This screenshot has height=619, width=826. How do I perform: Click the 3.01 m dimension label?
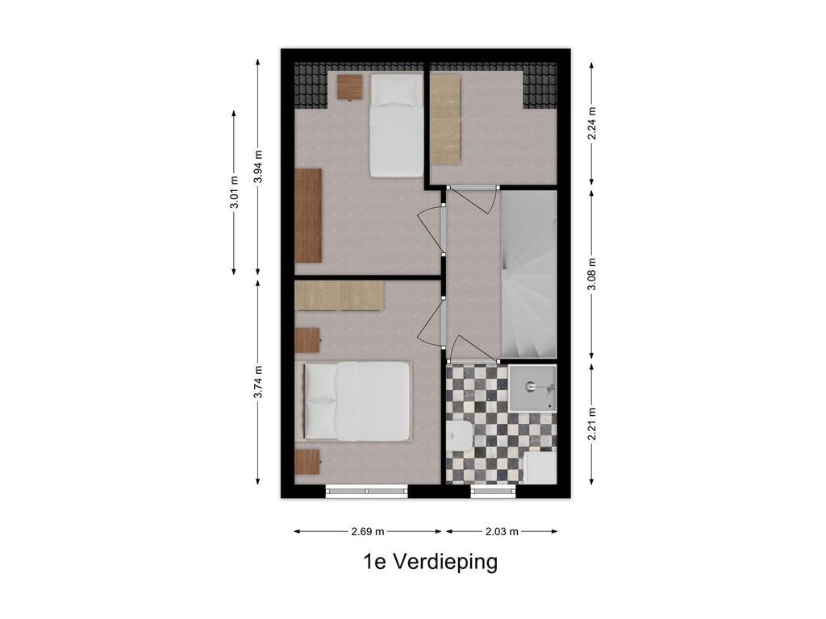[235, 193]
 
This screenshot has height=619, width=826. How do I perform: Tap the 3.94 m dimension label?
[257, 166]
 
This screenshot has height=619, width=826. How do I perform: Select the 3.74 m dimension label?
[257, 382]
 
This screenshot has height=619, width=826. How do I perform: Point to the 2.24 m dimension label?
[591, 123]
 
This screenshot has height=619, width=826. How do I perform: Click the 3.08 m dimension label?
[591, 274]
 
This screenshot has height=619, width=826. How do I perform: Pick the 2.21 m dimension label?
[591, 424]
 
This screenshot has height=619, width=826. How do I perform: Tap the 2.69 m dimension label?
[368, 532]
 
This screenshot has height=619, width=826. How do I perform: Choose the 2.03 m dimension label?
[502, 532]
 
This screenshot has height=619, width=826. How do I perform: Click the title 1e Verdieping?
[431, 562]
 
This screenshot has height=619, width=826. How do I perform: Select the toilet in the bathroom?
[459, 435]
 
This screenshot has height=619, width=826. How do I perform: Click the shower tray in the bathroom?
[532, 388]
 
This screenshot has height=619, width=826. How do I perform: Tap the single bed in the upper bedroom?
[397, 125]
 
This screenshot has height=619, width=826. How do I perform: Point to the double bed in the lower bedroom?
[357, 401]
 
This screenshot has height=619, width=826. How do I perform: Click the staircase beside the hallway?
[528, 274]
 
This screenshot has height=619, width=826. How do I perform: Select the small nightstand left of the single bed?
[350, 87]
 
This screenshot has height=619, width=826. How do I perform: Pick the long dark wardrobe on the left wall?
[308, 215]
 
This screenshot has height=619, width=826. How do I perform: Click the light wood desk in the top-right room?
[445, 119]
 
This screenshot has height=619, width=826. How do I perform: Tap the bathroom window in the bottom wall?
[493, 491]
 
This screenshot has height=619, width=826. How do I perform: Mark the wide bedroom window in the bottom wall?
[367, 491]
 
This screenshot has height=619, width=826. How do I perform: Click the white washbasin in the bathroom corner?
[540, 467]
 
